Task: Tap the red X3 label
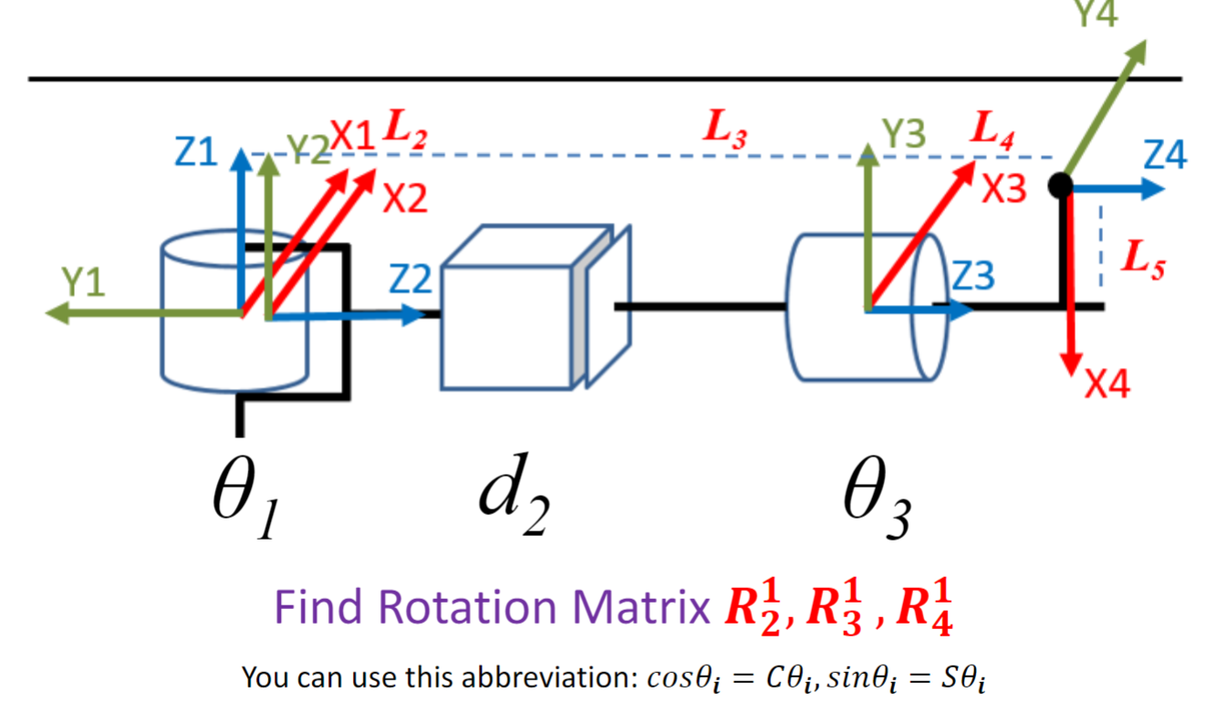pos(1004,188)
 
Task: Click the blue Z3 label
pos(972,276)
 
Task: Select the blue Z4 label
pos(1165,157)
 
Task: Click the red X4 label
pos(1107,385)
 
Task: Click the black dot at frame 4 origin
pos(1059,185)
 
